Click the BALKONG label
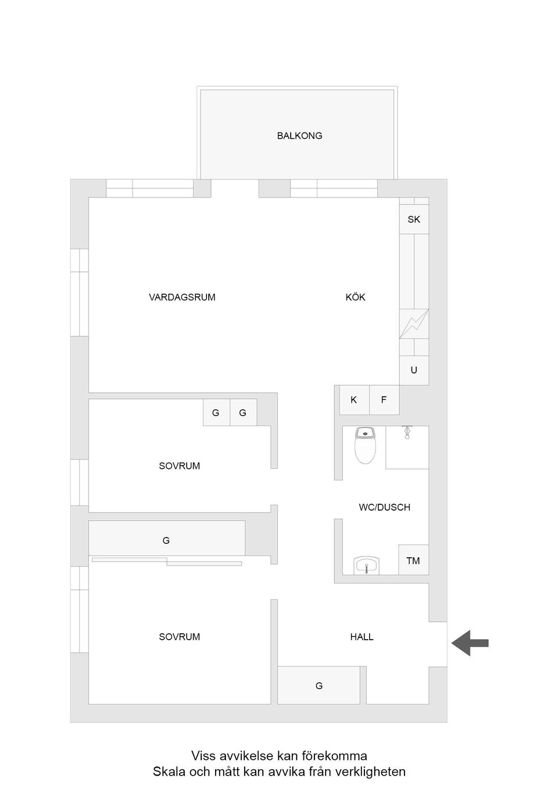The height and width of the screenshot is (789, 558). tap(299, 135)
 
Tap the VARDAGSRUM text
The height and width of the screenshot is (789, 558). tap(182, 297)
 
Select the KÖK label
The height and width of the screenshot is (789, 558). tap(355, 297)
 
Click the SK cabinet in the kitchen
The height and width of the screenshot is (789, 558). tap(414, 219)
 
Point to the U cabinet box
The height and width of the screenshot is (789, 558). tap(414, 370)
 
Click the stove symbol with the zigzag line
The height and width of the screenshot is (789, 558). tap(414, 324)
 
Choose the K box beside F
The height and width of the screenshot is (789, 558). tap(354, 400)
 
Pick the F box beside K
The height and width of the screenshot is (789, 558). tap(384, 400)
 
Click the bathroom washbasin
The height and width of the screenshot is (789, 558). tap(366, 565)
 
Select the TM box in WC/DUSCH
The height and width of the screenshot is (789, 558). tap(413, 561)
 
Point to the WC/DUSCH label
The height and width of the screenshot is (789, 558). tap(384, 507)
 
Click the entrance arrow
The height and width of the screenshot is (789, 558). tap(470, 643)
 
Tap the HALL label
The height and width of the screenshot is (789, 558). tap(362, 637)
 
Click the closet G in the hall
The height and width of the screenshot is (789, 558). tap(319, 686)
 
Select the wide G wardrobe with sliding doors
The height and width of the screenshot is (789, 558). tap(166, 540)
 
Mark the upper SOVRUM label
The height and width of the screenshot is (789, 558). tap(179, 465)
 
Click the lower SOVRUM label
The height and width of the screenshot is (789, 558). tap(179, 637)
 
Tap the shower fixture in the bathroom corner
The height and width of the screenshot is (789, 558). tap(407, 432)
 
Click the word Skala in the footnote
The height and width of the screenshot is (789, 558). tap(167, 772)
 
